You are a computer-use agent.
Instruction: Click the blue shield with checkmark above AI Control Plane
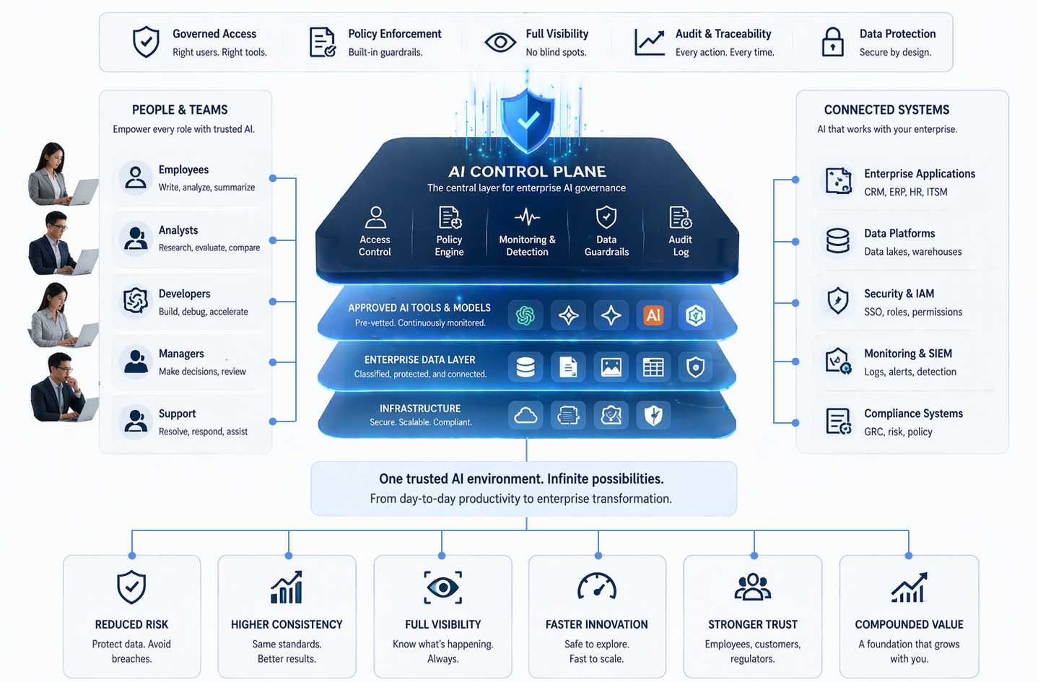[x=528, y=120]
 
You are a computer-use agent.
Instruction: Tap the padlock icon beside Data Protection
[x=832, y=42]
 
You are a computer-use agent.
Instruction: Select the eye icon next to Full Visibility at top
[x=500, y=42]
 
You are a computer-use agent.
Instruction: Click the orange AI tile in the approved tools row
[x=653, y=315]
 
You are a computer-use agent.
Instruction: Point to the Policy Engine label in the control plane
[x=449, y=245]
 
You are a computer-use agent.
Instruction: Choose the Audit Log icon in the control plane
[x=680, y=217]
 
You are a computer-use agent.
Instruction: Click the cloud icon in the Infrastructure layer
[x=525, y=415]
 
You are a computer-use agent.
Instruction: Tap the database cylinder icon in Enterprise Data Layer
[x=525, y=367]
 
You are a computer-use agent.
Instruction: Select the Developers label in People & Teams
[x=184, y=294]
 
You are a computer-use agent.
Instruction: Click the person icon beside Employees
[x=135, y=177]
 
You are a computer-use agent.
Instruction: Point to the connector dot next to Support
[x=273, y=421]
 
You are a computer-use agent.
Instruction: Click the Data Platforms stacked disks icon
[x=837, y=240]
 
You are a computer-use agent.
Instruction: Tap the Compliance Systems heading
[x=913, y=414]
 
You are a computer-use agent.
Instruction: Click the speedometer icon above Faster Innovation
[x=596, y=587]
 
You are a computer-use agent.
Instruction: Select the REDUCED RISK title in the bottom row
[x=131, y=624]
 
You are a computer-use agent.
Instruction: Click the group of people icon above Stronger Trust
[x=752, y=587]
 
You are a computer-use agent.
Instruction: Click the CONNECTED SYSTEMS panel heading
[x=886, y=110]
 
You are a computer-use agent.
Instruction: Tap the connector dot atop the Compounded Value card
[x=908, y=556]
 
